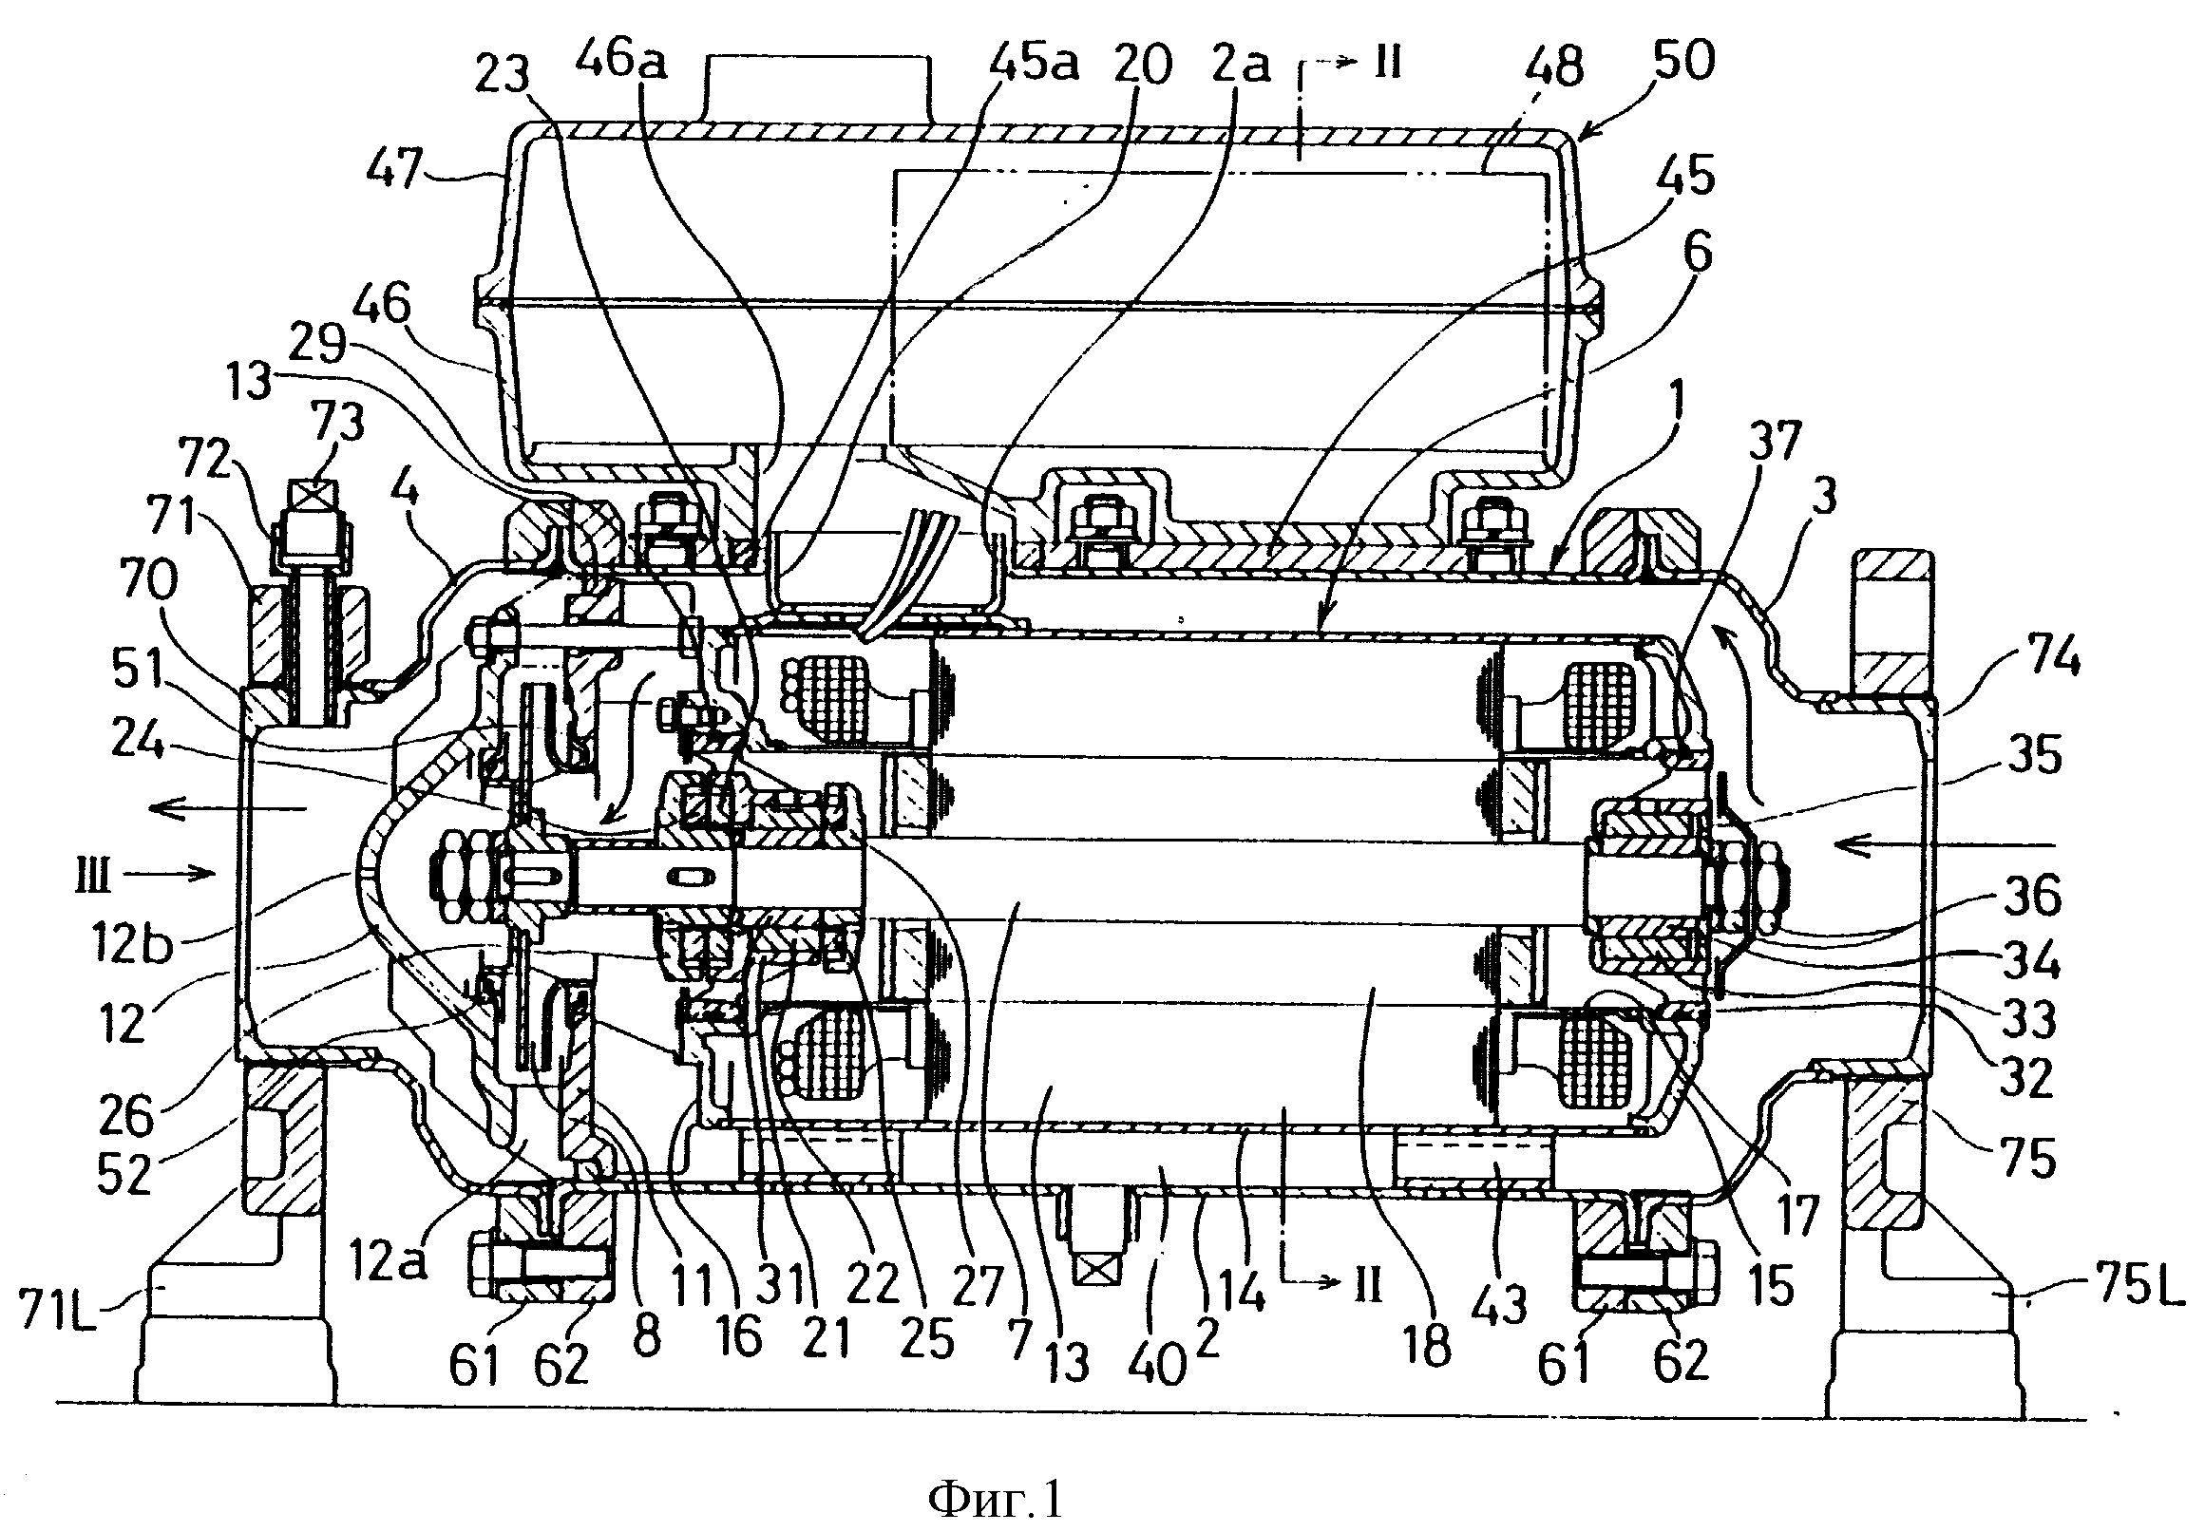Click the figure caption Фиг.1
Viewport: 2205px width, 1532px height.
997,1499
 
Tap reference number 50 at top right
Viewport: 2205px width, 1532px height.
1683,61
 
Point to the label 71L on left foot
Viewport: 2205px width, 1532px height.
59,1311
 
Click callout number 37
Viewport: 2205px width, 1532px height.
1774,442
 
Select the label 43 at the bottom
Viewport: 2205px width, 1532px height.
1500,1304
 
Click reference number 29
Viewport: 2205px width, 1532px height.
317,343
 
